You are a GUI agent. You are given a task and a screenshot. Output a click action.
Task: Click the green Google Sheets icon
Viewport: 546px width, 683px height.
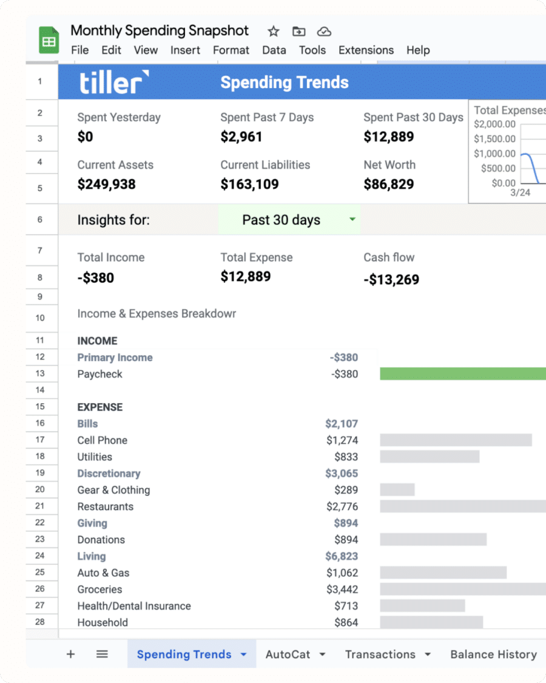point(49,41)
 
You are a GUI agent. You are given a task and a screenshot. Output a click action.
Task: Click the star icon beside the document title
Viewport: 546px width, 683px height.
point(274,32)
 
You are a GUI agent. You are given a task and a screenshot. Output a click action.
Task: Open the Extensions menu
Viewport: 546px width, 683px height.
point(366,50)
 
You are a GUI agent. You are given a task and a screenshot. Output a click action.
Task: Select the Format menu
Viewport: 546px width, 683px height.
point(231,50)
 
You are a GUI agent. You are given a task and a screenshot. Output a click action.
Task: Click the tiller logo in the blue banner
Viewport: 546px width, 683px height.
point(114,83)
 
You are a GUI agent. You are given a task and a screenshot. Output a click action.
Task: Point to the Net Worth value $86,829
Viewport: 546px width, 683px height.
point(389,185)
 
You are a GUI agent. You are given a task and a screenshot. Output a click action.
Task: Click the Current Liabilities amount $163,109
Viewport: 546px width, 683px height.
point(249,185)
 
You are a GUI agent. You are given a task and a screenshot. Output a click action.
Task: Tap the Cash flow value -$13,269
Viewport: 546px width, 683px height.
point(391,280)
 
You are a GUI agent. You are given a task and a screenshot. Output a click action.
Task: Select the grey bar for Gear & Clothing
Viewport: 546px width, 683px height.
point(397,490)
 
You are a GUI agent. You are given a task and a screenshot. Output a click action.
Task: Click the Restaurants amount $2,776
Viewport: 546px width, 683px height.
point(342,507)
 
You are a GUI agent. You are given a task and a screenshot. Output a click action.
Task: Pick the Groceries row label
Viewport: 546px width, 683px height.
point(99,590)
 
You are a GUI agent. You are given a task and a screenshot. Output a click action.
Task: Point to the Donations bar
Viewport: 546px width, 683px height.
point(433,540)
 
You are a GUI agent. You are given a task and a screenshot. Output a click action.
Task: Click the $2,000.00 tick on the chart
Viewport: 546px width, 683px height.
point(494,124)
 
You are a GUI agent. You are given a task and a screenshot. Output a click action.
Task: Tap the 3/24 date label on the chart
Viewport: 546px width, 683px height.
point(520,193)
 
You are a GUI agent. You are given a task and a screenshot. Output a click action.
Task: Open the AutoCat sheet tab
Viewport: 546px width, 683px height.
point(288,654)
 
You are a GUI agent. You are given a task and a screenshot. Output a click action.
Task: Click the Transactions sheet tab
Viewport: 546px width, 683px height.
point(380,654)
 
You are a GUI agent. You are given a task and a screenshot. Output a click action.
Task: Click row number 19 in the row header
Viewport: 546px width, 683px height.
point(40,473)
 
